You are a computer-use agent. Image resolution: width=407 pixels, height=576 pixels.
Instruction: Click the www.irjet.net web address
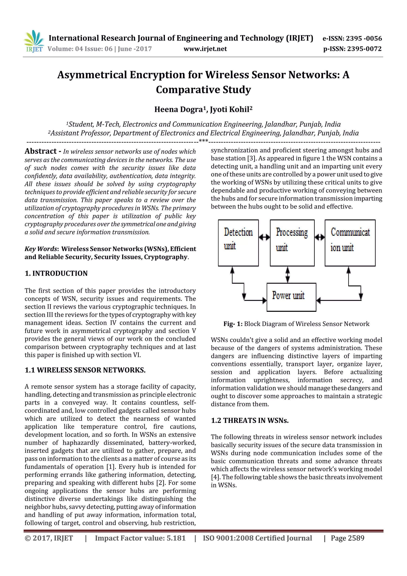(205, 49)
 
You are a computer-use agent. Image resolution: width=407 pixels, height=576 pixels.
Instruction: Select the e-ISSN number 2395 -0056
(364, 38)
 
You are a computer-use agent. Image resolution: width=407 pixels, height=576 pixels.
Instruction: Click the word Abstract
(41, 151)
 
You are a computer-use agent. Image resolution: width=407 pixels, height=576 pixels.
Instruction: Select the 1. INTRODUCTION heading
(56, 273)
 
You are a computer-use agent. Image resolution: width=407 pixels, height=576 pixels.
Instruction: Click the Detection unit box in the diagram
(238, 243)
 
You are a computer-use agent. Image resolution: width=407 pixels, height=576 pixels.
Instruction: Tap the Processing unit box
(292, 243)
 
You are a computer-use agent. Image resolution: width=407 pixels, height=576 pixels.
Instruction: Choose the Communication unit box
(350, 243)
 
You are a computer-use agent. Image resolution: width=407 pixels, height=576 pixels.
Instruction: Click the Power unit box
(291, 297)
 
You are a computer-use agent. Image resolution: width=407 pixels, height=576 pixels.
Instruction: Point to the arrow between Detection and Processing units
(264, 237)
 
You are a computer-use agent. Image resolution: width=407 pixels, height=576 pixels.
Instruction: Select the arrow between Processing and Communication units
(320, 237)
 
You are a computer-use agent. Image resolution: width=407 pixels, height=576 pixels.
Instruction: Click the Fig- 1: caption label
(233, 324)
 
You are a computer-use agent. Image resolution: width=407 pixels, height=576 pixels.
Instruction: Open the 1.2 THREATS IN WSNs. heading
(250, 421)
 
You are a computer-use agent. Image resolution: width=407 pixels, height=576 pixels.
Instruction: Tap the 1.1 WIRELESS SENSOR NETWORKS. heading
(85, 370)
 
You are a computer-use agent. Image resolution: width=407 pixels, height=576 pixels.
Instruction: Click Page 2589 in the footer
(347, 538)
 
